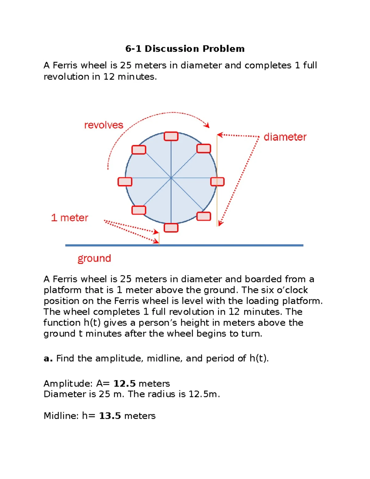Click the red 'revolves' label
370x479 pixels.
click(x=104, y=125)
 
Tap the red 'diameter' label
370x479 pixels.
click(x=285, y=137)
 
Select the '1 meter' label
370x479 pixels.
click(x=70, y=218)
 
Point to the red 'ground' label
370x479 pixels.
click(x=94, y=258)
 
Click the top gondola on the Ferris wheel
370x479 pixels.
click(x=171, y=136)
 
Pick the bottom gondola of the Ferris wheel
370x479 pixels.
click(x=171, y=228)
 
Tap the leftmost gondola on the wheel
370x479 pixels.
click(x=125, y=182)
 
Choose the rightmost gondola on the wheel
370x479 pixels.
click(x=217, y=182)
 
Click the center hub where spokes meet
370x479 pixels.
click(x=171, y=178)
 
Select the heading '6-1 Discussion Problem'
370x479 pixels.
click(x=185, y=49)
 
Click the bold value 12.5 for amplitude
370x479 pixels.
click(x=124, y=383)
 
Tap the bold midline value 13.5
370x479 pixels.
click(x=110, y=416)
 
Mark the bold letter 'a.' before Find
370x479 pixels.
click(x=48, y=358)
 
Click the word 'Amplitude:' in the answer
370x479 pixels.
click(x=68, y=383)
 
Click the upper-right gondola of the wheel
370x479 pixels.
click(x=203, y=149)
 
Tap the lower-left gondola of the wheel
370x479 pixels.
click(x=139, y=210)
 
